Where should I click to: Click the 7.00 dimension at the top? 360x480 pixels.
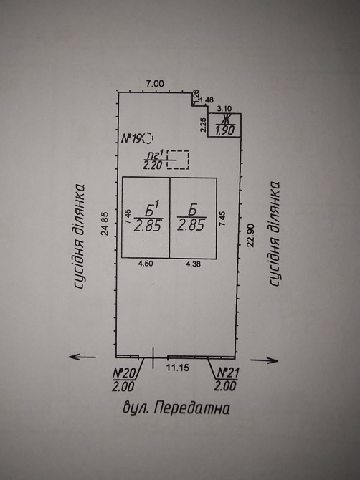click(x=155, y=84)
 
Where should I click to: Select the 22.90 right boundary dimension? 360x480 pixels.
click(x=251, y=235)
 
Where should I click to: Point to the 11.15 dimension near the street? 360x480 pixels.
click(x=178, y=368)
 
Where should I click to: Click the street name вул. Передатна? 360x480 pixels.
click(x=176, y=408)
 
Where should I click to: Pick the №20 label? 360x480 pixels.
click(x=124, y=373)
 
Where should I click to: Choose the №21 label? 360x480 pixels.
click(x=227, y=373)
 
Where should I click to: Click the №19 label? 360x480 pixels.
click(x=132, y=139)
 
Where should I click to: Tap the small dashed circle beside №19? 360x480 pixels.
click(x=148, y=138)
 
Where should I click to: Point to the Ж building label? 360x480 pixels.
click(x=226, y=119)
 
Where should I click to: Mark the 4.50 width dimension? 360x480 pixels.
click(x=146, y=264)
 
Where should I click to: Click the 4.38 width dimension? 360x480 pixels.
click(x=193, y=264)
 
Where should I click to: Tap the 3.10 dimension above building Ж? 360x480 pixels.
click(x=224, y=108)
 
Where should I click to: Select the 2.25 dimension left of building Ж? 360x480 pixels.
click(x=203, y=125)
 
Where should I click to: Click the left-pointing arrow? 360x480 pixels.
click(x=82, y=357)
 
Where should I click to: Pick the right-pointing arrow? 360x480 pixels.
click(x=265, y=360)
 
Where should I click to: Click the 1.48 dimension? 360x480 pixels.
click(x=207, y=100)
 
